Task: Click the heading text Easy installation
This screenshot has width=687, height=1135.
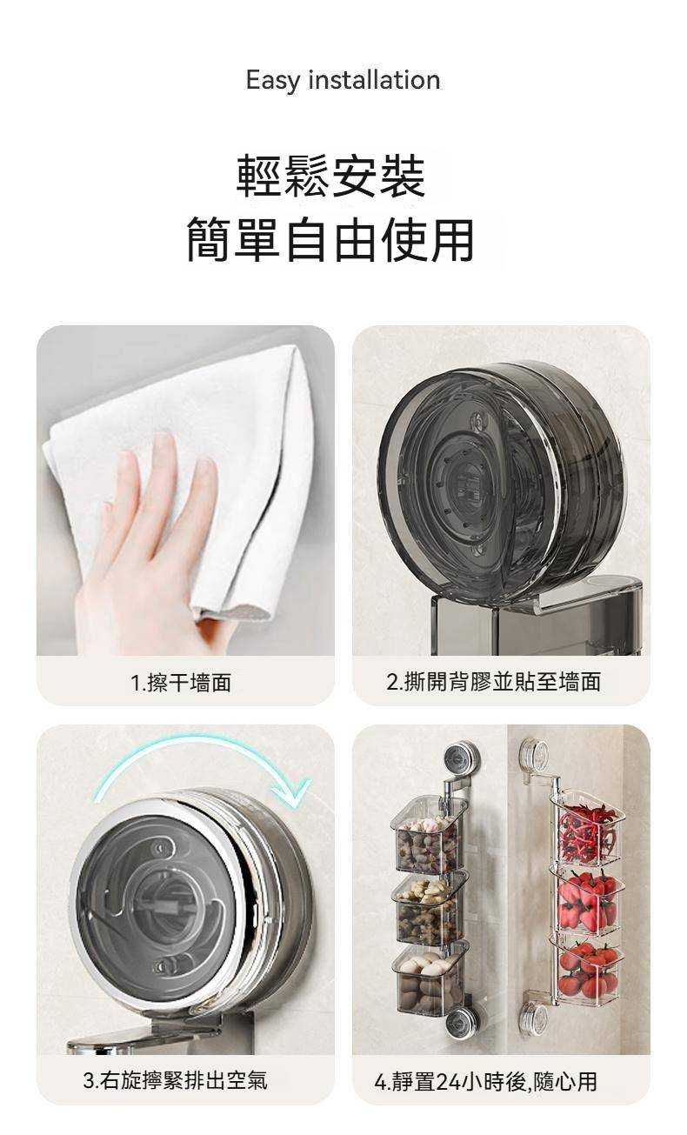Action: pos(343,81)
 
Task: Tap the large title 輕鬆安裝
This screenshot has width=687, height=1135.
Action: pos(330,176)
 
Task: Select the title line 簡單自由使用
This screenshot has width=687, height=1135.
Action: pos(330,239)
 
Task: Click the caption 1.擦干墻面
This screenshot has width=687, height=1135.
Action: pos(181,683)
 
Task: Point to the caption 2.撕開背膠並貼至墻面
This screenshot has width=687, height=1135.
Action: pos(494,682)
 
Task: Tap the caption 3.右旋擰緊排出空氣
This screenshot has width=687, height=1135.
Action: pos(176,1080)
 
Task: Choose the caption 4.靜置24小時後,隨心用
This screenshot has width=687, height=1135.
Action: pos(486,1081)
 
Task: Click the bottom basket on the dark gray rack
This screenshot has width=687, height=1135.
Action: pos(430,979)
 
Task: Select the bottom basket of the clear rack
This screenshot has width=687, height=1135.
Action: pos(588,970)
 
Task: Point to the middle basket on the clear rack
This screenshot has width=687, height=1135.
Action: pos(588,899)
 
